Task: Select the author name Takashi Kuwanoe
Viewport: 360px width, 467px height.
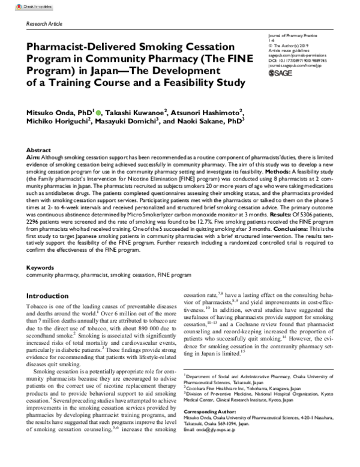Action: (132, 112)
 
